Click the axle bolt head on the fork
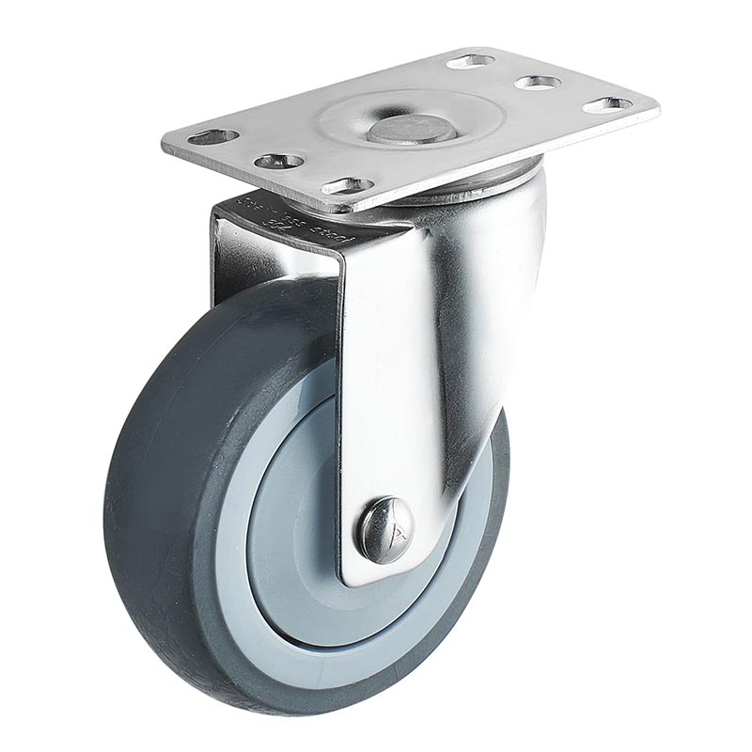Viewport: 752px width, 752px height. click(x=384, y=530)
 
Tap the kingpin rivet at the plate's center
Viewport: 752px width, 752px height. click(x=412, y=128)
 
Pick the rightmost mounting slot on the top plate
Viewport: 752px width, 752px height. click(x=606, y=104)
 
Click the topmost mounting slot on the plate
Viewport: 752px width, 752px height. click(x=470, y=61)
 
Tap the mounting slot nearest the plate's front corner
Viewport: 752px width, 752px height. click(x=348, y=186)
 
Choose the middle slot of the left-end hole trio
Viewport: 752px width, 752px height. click(x=279, y=161)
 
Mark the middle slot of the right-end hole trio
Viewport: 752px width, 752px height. click(x=538, y=83)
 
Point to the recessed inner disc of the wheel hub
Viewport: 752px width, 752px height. click(x=301, y=526)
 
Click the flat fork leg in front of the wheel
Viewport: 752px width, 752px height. click(x=395, y=376)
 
